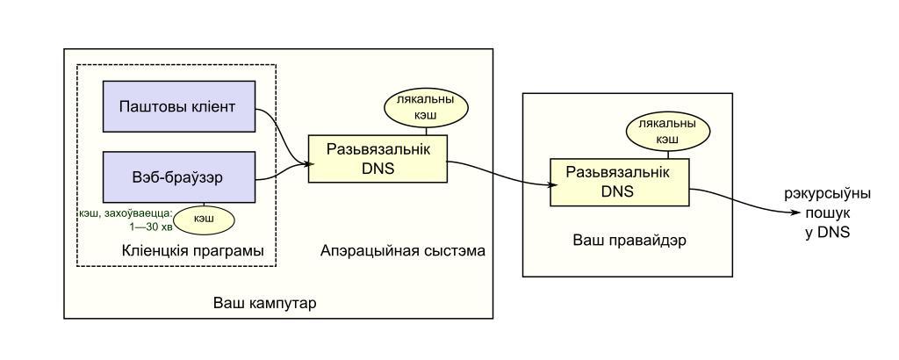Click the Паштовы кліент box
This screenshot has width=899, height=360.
click(x=179, y=108)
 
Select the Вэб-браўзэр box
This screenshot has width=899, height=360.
click(x=179, y=176)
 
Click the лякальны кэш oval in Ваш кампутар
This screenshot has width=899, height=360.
click(x=426, y=108)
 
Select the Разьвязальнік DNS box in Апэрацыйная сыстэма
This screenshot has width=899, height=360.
click(x=378, y=159)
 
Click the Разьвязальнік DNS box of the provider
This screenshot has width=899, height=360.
click(x=619, y=183)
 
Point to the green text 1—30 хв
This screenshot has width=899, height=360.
click(x=141, y=225)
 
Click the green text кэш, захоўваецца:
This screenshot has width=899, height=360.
click(x=124, y=212)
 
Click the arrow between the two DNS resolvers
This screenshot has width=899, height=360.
click(x=500, y=176)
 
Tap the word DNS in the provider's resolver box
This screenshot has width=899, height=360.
click(x=619, y=191)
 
